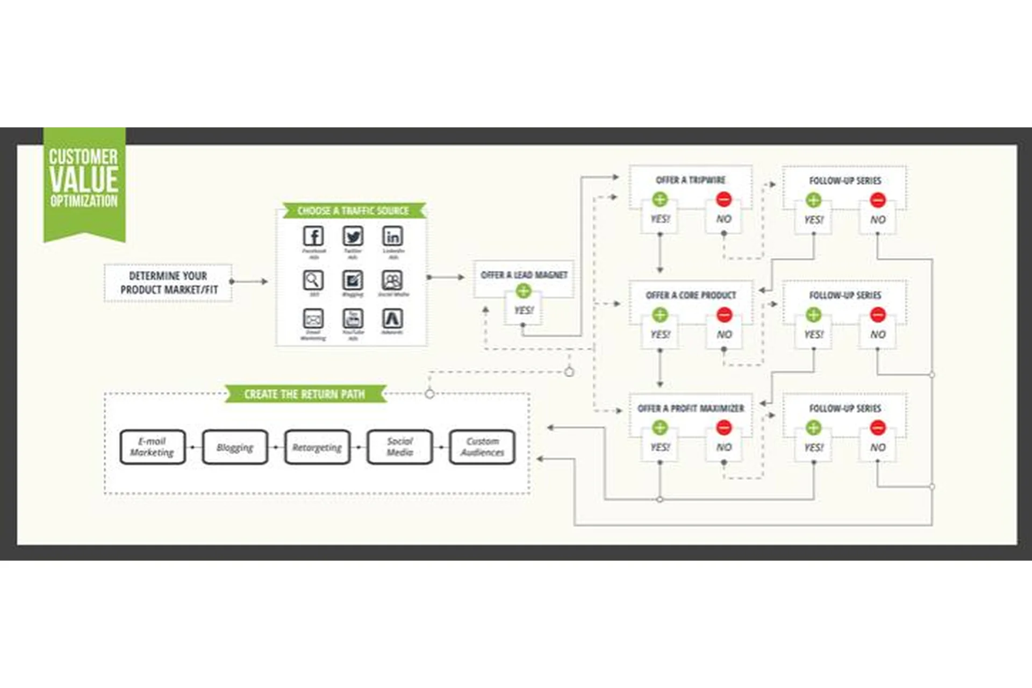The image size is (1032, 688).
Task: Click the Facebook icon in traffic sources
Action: (x=313, y=236)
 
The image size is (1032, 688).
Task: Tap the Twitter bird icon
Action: (x=353, y=236)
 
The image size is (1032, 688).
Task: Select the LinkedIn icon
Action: (x=392, y=236)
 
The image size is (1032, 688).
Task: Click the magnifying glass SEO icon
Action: (x=313, y=280)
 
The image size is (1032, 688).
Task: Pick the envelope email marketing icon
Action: (x=313, y=319)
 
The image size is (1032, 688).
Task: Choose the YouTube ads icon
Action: (x=353, y=319)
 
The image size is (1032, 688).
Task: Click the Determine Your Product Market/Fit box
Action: (x=168, y=283)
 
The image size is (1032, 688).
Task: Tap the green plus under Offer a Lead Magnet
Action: (x=523, y=291)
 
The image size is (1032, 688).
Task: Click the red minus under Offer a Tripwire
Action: (x=723, y=199)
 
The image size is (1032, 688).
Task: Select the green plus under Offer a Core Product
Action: (x=660, y=314)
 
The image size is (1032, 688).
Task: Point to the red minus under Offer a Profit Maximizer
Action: (x=723, y=428)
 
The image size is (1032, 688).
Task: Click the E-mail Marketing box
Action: (x=153, y=447)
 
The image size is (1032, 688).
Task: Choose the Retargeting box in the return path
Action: (x=317, y=447)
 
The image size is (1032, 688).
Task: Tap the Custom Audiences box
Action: (x=482, y=447)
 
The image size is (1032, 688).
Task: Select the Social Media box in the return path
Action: (x=399, y=447)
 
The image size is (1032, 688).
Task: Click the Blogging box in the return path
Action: (x=235, y=447)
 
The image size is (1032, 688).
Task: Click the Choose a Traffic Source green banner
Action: (x=353, y=211)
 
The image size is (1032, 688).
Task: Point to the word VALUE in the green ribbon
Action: (x=84, y=180)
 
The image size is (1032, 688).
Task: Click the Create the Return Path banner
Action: (x=305, y=394)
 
